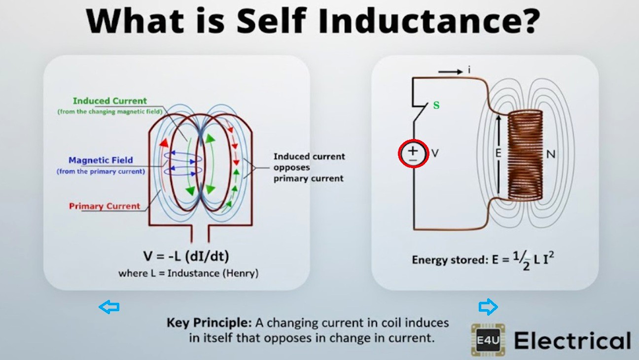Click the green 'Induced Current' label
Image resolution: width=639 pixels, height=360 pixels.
[109, 101]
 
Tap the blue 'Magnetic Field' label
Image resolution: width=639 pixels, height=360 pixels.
[101, 160]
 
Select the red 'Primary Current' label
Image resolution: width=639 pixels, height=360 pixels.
[105, 206]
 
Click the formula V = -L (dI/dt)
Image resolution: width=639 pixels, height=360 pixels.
[186, 256]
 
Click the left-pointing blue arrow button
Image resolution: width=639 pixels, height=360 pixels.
[109, 307]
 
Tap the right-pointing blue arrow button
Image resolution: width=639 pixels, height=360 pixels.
[488, 307]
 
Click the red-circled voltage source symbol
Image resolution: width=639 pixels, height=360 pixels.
[413, 153]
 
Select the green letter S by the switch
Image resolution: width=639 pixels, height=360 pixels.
[436, 106]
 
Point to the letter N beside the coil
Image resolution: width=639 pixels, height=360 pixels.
[551, 154]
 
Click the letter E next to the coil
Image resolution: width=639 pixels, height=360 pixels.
[498, 153]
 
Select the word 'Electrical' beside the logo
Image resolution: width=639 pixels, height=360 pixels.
[572, 340]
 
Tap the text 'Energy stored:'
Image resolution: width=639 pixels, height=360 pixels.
[449, 259]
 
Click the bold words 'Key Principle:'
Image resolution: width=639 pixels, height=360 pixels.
[209, 323]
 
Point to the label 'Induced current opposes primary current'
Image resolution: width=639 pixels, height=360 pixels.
[309, 167]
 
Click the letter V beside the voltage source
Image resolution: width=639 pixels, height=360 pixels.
[435, 153]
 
